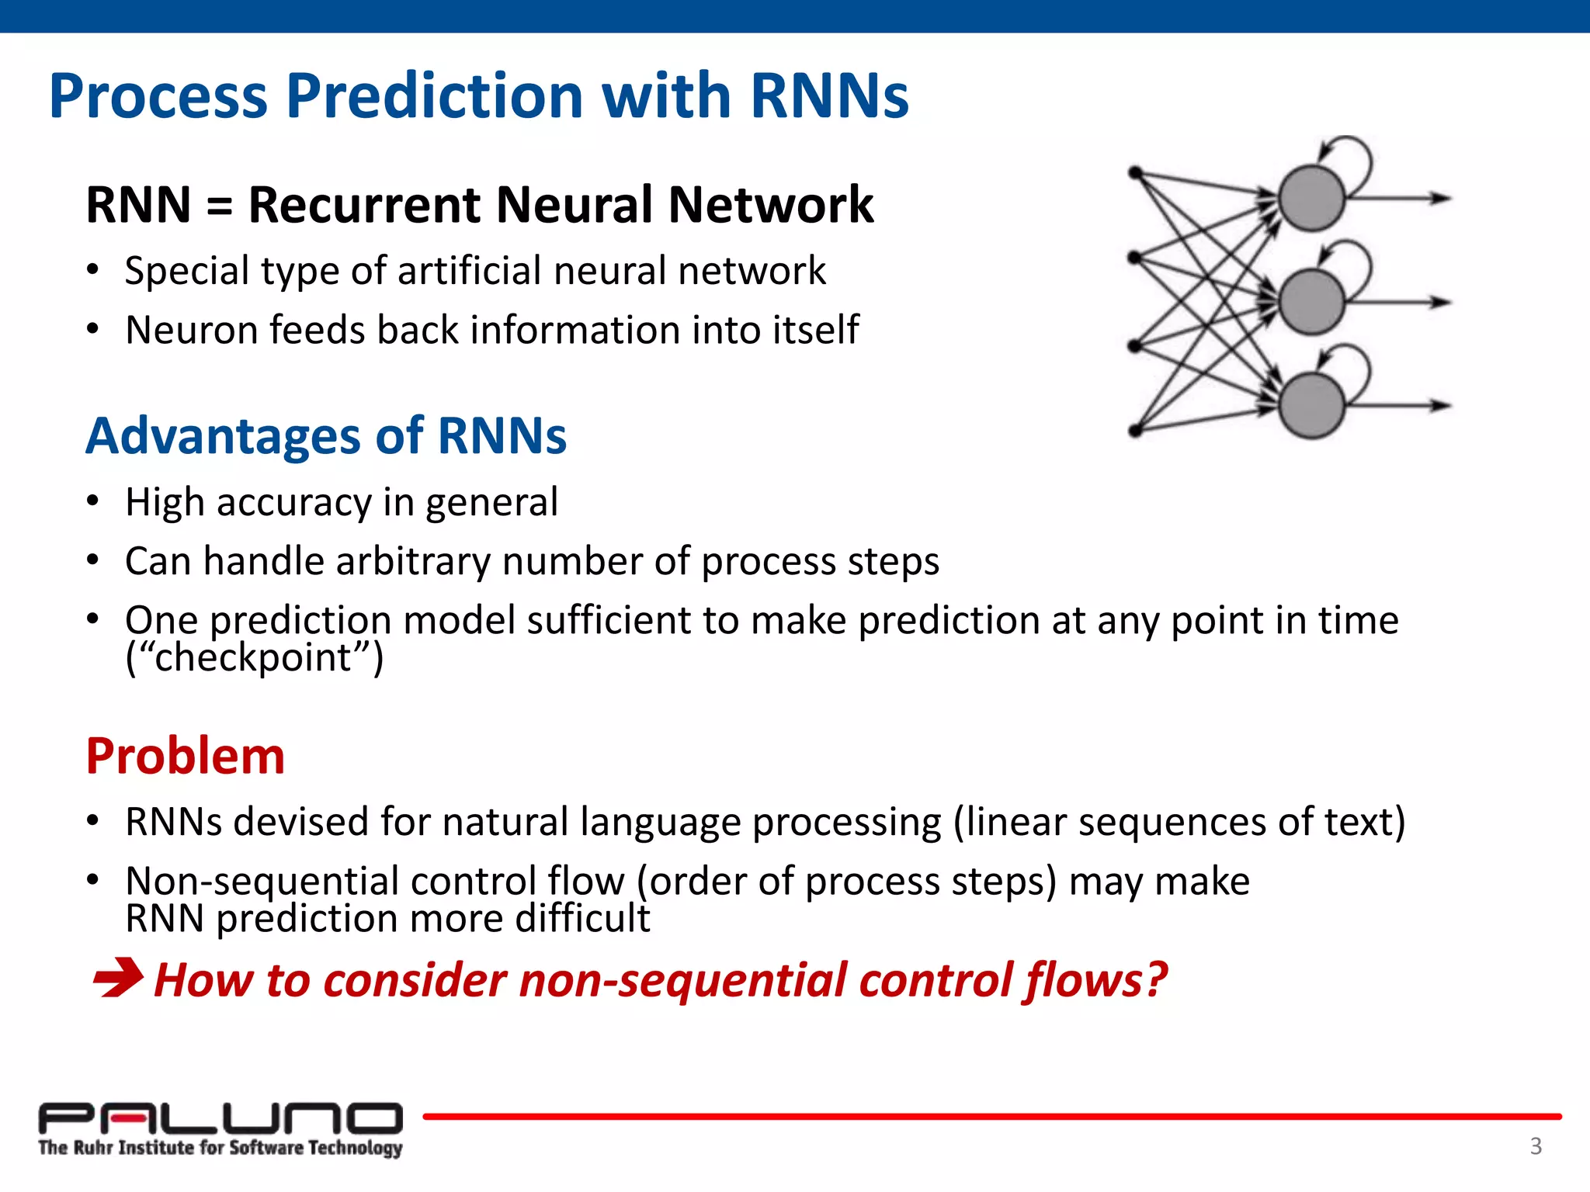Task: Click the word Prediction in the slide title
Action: click(x=435, y=96)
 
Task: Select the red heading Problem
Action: click(x=185, y=756)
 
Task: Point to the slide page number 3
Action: click(x=1536, y=1145)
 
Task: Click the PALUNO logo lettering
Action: click(x=220, y=1117)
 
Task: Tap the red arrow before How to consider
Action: click(x=117, y=978)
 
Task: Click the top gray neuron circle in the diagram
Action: click(x=1311, y=199)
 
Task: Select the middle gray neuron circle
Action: click(x=1311, y=302)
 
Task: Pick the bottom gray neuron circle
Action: click(x=1311, y=405)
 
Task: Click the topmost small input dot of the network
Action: click(x=1135, y=172)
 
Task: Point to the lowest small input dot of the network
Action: click(x=1135, y=430)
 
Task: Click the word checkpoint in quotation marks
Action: click(x=253, y=658)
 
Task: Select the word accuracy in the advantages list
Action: click(x=294, y=503)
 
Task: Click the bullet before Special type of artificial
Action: click(x=93, y=270)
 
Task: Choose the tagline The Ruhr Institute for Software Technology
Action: click(x=220, y=1148)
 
